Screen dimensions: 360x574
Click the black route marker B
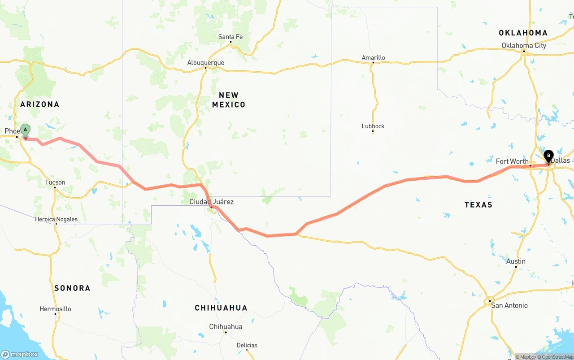[548, 156]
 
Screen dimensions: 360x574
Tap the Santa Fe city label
[230, 37]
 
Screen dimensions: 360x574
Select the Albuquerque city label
[205, 63]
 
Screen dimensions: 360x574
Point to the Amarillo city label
[373, 57]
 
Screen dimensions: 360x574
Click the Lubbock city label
[373, 126]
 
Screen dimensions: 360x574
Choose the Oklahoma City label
[524, 45]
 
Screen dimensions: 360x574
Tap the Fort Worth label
[512, 161]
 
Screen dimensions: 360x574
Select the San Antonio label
[509, 305]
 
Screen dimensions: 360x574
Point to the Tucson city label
[55, 182]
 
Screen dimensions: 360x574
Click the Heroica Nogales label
[56, 219]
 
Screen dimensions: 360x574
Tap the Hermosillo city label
[55, 309]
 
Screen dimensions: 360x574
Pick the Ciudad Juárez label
[211, 202]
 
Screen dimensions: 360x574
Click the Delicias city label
[247, 345]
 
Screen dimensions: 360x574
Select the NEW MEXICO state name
[229, 100]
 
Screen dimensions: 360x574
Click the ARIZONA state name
[40, 104]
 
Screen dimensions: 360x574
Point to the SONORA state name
[72, 288]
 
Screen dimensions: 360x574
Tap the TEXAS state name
[478, 204]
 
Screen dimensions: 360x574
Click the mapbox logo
[20, 354]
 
